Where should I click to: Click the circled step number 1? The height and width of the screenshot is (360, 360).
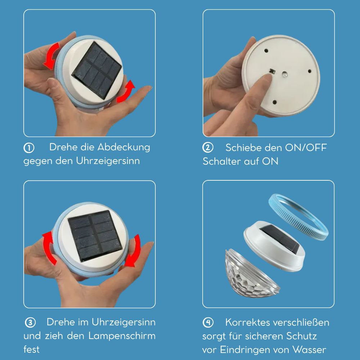click(x=28, y=148)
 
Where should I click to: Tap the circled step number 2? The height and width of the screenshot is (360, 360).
click(x=208, y=148)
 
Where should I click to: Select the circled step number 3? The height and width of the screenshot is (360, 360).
click(x=30, y=322)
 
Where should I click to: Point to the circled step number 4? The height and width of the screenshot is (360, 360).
click(x=208, y=323)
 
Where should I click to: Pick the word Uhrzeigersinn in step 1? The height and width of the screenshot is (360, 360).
click(x=108, y=161)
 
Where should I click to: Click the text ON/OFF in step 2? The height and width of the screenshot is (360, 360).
click(x=306, y=148)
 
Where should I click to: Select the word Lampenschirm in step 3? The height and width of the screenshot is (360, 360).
click(x=122, y=336)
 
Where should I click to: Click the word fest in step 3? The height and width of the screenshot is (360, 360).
click(x=31, y=349)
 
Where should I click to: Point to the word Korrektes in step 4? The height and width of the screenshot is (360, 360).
click(x=247, y=322)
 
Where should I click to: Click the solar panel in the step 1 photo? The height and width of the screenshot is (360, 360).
click(x=96, y=70)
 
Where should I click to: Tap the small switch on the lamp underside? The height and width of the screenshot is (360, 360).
click(x=273, y=72)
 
